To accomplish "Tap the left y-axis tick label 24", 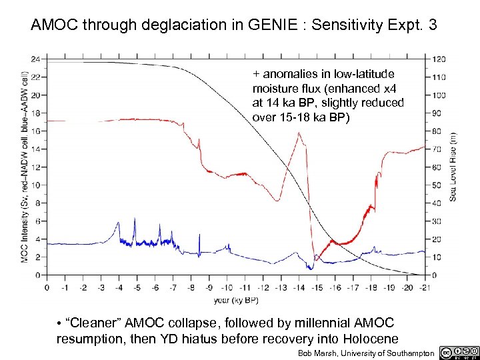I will (35, 58).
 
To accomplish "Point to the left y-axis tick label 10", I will (35, 185).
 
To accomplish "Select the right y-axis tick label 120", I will (439, 58).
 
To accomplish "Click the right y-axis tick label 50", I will (437, 185).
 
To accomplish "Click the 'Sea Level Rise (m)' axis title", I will (453, 166).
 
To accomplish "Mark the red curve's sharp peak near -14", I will (299, 133).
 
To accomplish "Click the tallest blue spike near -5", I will (135, 219).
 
